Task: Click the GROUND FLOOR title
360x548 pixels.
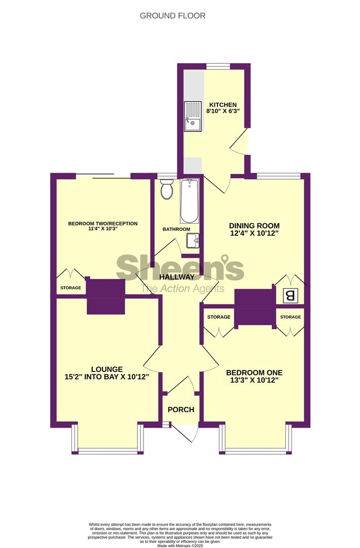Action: click(172, 16)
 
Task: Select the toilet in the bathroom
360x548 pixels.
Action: click(166, 189)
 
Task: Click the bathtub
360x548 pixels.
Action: click(189, 201)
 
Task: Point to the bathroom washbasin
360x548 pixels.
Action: click(193, 241)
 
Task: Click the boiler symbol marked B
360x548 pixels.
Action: click(290, 296)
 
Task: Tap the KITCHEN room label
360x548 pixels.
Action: click(223, 105)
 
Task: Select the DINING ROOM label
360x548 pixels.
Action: click(254, 226)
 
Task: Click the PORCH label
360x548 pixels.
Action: click(181, 409)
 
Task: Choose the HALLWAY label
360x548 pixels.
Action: click(177, 277)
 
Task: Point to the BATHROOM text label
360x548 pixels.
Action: click(176, 229)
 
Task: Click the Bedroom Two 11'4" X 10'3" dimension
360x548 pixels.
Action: click(102, 229)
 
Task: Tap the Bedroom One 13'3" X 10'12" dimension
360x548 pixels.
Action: click(255, 380)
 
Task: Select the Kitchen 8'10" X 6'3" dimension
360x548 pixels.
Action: click(223, 111)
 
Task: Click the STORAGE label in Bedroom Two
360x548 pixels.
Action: click(70, 288)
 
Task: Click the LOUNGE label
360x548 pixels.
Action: click(107, 369)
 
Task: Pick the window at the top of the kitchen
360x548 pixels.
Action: click(218, 65)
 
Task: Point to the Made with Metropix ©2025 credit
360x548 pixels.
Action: click(180, 545)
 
